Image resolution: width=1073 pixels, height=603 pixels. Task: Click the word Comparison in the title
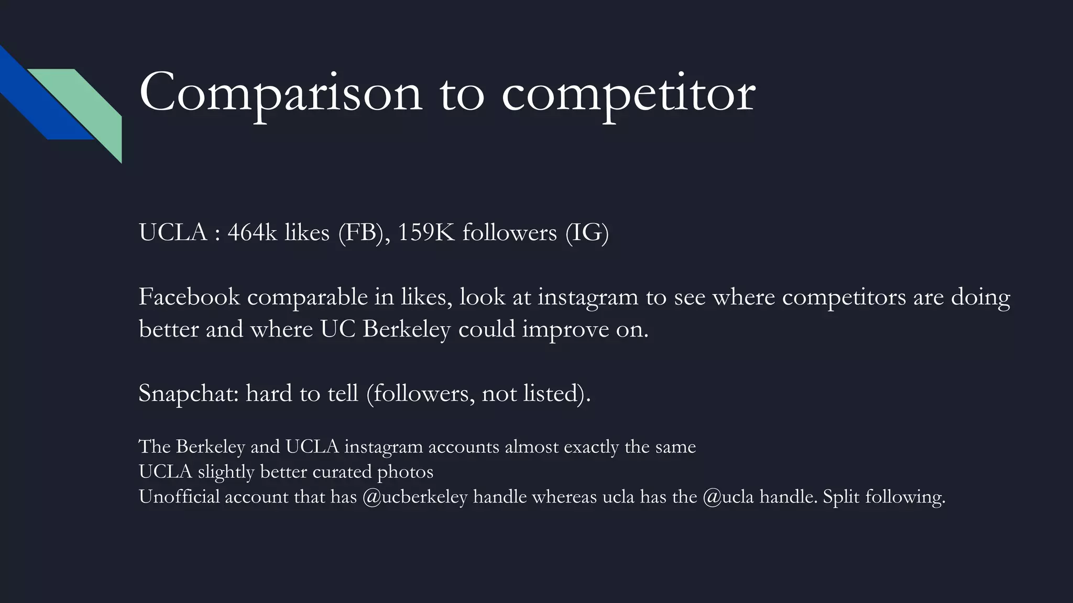280,93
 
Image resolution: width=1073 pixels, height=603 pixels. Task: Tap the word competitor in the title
628,93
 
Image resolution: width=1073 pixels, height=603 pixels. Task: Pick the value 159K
426,232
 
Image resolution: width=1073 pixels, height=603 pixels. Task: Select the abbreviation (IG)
587,232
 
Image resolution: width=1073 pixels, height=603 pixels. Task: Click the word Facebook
189,297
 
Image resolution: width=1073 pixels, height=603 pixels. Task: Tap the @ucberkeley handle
414,496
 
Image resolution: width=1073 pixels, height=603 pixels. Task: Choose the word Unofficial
179,496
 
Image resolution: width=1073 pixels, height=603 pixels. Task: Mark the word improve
565,329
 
